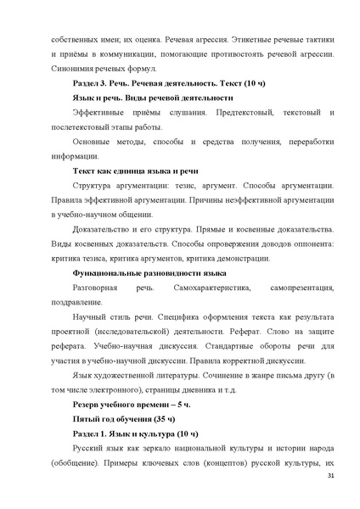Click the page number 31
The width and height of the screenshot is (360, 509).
coord(330,478)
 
